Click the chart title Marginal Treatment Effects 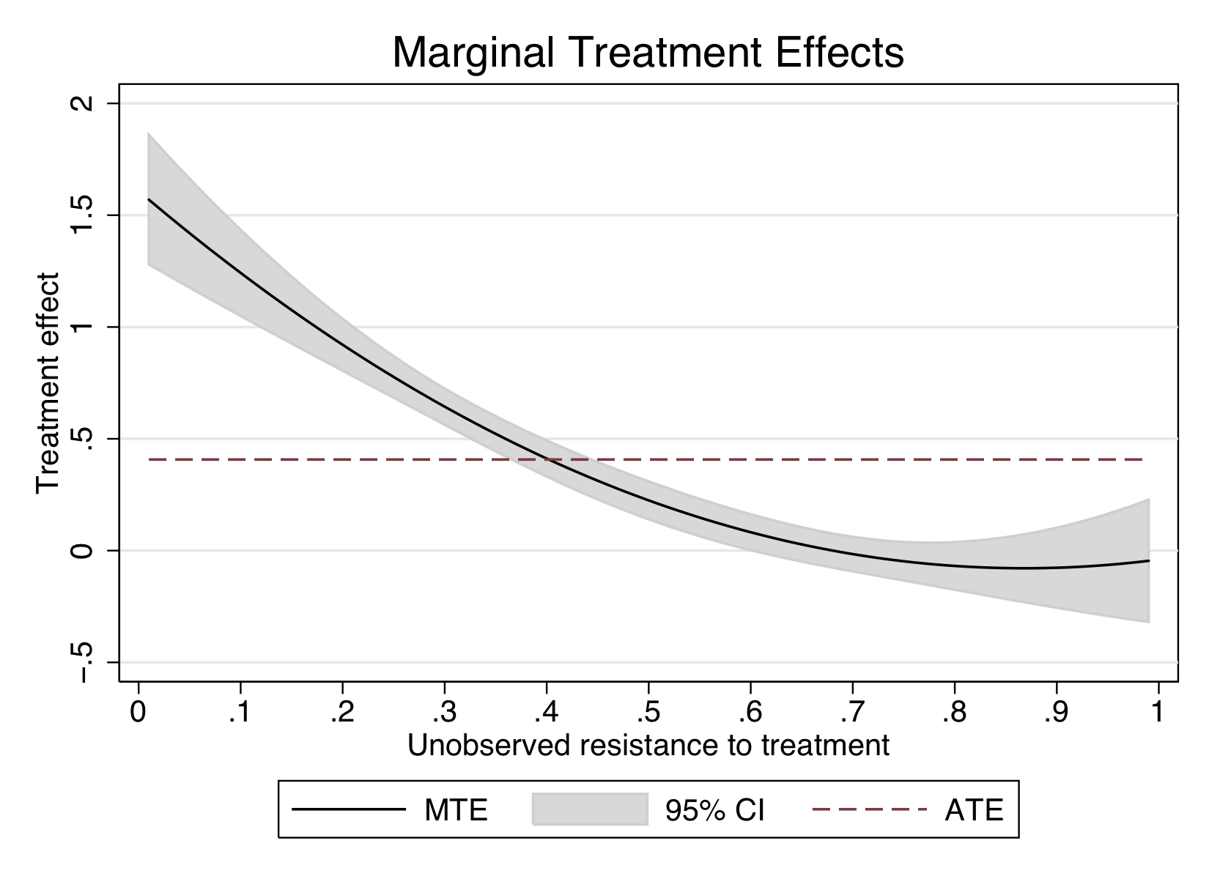(x=648, y=53)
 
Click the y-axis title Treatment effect (x=48, y=383)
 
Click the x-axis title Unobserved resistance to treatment (x=648, y=746)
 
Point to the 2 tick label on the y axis (x=82, y=103)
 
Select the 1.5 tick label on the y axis (x=82, y=215)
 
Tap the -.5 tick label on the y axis (x=82, y=663)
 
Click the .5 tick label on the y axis (x=82, y=439)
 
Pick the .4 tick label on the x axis (x=546, y=711)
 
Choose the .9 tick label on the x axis (x=1056, y=711)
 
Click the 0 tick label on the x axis (x=138, y=711)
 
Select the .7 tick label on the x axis (x=852, y=711)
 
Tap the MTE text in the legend (x=456, y=810)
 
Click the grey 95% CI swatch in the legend (x=590, y=809)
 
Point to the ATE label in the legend (x=973, y=810)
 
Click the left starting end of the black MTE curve (x=149, y=199)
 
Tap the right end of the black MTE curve (x=1148, y=560)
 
